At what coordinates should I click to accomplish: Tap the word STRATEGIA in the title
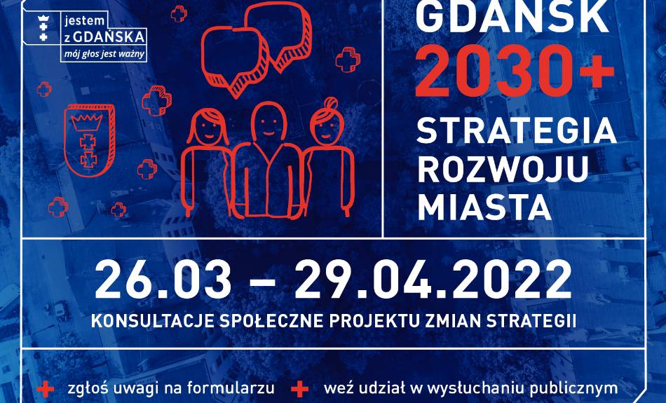(517, 130)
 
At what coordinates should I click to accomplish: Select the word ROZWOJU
(503, 169)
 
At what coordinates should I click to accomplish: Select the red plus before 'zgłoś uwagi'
(45, 389)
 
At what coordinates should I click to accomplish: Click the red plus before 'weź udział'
(300, 389)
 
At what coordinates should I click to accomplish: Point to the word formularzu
(231, 388)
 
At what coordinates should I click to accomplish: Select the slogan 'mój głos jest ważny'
(104, 55)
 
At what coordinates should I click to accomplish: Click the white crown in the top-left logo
(43, 19)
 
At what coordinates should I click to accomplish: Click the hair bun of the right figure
(330, 103)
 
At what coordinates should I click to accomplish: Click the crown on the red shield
(88, 122)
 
